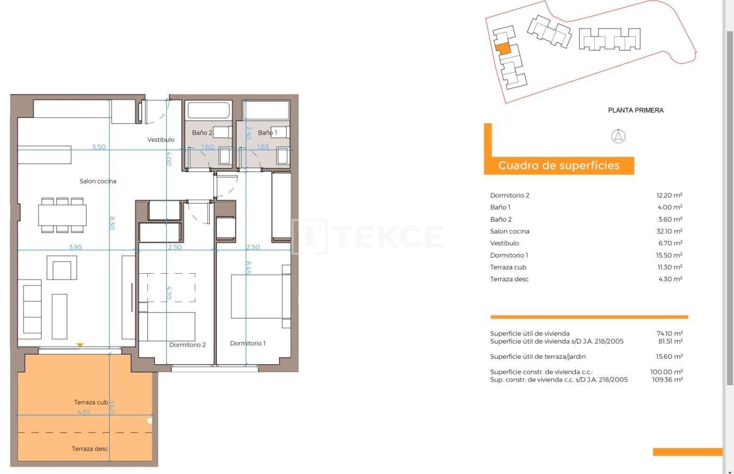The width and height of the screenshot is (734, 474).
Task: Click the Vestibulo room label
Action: [161, 139]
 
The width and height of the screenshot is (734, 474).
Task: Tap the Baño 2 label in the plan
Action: [202, 133]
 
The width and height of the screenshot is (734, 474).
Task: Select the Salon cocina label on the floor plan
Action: [97, 181]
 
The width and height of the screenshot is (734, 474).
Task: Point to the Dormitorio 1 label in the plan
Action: [248, 343]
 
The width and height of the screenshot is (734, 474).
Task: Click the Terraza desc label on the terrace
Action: [90, 449]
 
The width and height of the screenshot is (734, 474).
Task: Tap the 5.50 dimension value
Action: [99, 147]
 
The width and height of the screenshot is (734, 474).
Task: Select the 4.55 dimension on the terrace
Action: [84, 411]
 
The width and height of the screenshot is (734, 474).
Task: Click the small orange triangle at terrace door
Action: [80, 345]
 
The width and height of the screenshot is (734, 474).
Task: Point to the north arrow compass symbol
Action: [619, 137]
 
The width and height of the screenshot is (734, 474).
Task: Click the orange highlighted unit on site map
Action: [502, 49]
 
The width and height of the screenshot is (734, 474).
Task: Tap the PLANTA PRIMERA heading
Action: [635, 110]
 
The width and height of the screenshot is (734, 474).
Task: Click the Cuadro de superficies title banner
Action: [559, 166]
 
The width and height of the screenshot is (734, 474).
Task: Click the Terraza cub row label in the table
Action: [508, 267]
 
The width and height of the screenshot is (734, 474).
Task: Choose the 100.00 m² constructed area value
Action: [666, 372]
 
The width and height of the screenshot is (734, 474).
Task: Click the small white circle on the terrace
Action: [150, 421]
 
